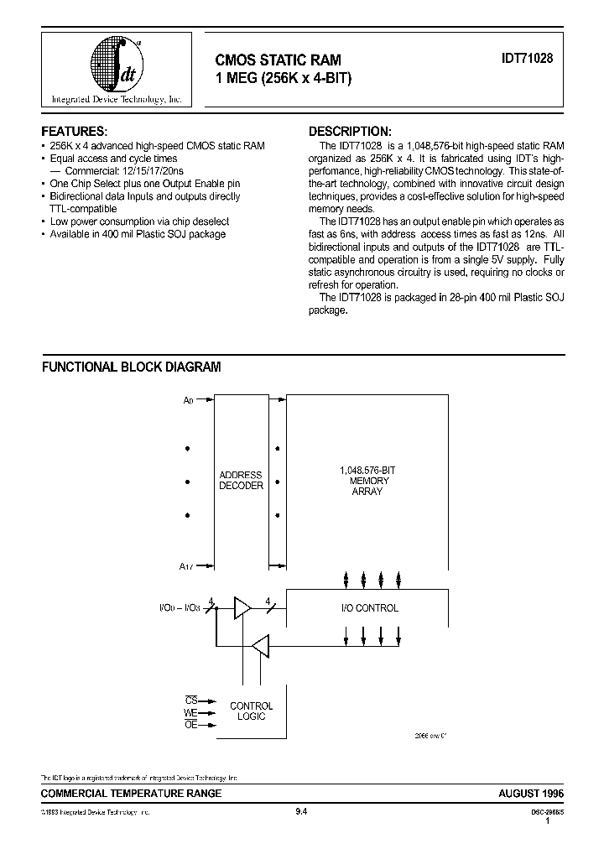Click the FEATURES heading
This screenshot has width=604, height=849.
75,132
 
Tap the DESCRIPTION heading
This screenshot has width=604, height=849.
350,132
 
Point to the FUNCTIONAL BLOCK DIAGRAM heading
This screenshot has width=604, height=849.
132,367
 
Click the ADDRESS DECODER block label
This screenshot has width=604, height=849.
241,481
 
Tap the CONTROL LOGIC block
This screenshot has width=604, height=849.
251,711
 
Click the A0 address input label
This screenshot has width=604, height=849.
188,402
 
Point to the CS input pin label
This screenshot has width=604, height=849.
190,700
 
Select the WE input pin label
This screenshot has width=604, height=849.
190,712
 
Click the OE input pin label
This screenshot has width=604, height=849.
190,725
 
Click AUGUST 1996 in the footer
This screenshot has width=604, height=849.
531,793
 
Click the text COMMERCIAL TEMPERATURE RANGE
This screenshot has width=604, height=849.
132,793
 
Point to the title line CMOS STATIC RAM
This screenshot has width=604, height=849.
279,60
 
